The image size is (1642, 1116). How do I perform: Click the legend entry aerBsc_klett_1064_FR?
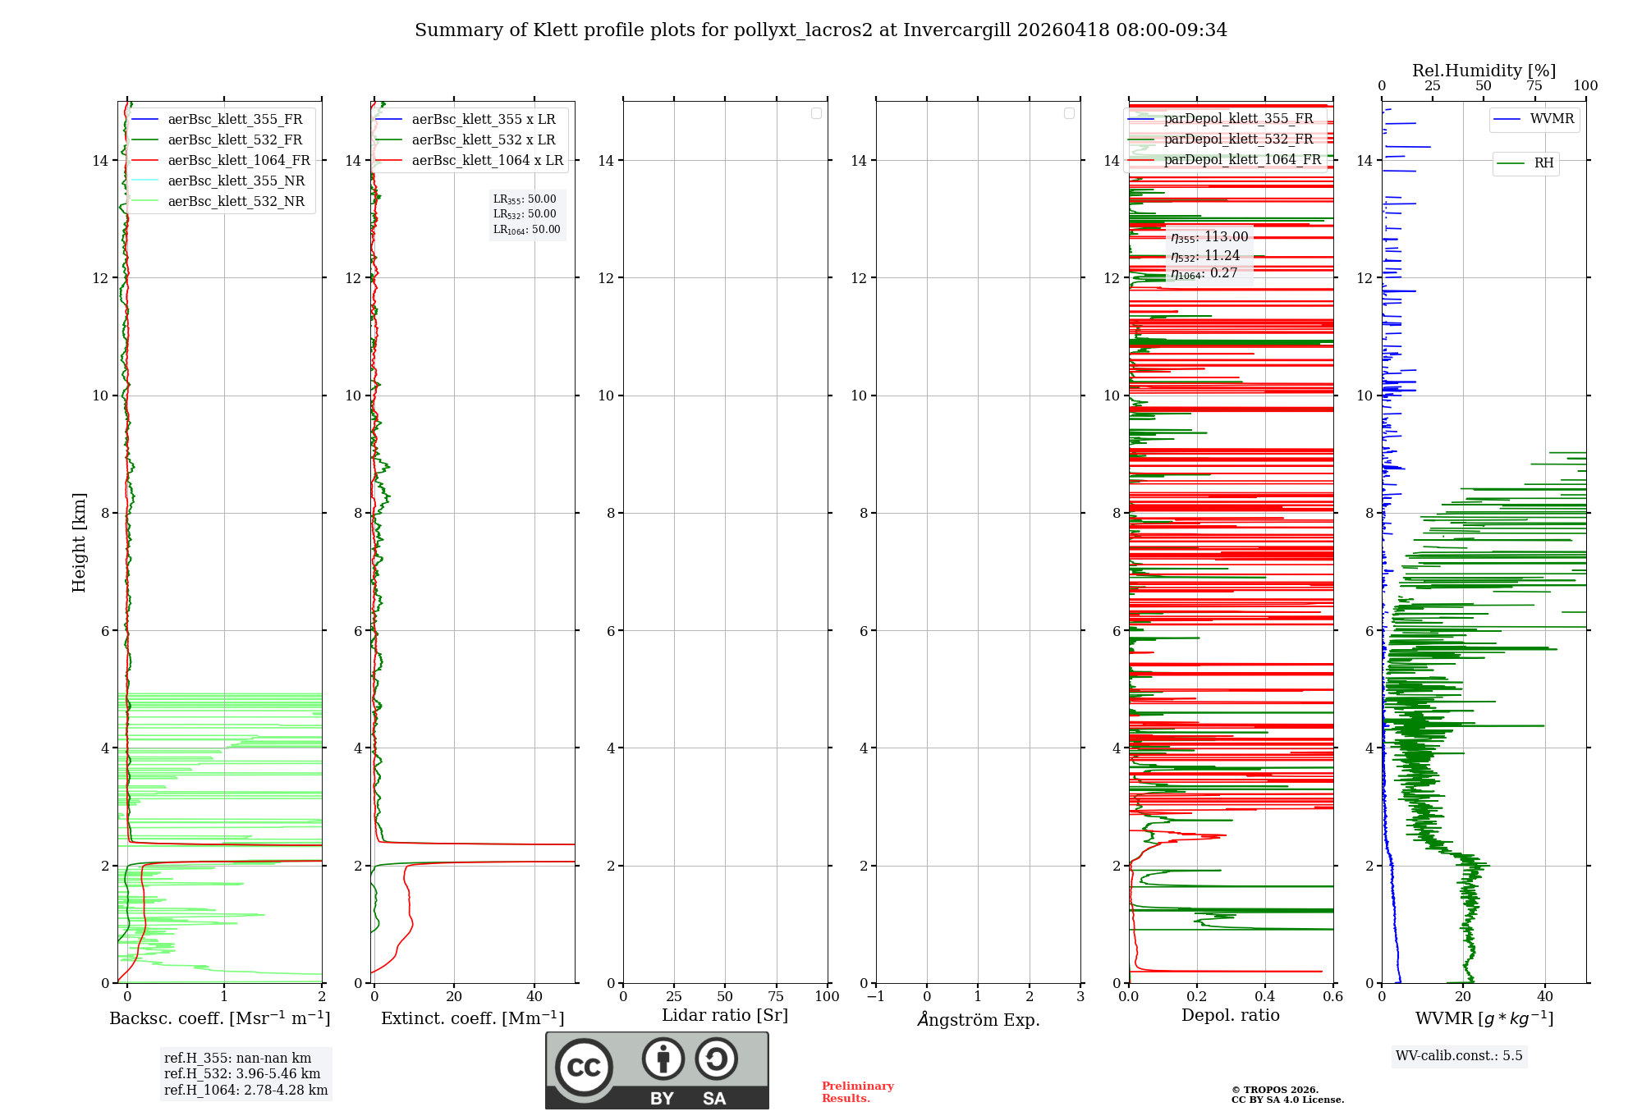238,160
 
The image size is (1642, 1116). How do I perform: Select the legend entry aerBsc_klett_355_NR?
236,181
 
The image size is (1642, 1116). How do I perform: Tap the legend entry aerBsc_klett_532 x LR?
483,139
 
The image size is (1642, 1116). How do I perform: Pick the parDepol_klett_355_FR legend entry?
1237,118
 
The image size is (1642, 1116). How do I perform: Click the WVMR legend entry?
1551,119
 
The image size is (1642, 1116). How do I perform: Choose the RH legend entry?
1543,163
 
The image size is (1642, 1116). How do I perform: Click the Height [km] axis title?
79,542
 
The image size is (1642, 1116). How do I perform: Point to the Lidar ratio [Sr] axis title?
724,1015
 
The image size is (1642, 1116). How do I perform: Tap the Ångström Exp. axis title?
978,1019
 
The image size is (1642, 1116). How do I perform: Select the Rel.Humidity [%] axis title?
1484,71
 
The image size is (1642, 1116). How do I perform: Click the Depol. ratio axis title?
1230,1015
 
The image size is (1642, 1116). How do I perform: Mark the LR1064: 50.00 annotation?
526,230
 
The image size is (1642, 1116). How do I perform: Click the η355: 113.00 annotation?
1209,237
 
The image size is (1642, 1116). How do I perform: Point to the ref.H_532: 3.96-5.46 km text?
242,1073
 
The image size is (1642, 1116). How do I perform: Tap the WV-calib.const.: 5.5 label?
1458,1055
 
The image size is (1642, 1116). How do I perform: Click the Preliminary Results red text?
857,1091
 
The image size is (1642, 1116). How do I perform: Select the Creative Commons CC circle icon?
584,1068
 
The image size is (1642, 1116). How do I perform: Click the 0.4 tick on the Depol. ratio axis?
1264,996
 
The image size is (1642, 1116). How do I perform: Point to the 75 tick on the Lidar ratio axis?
775,996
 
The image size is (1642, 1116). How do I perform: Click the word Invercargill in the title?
956,30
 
